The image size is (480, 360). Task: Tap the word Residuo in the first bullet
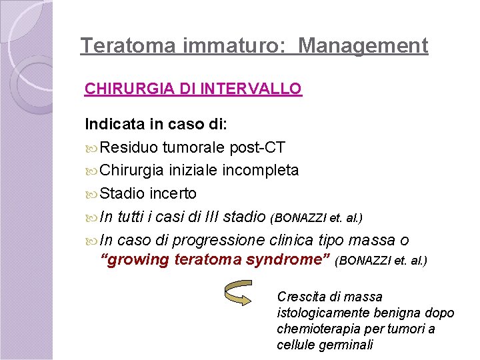pyautogui.click(x=129, y=147)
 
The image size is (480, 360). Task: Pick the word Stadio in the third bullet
pyautogui.click(x=123, y=193)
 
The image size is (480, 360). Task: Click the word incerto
pyautogui.click(x=173, y=193)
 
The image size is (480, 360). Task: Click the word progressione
pyautogui.click(x=227, y=240)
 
